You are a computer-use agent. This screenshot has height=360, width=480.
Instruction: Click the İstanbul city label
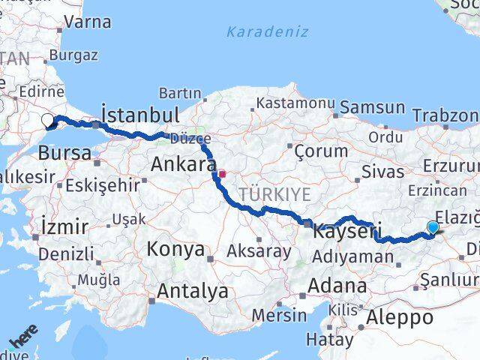click(139, 115)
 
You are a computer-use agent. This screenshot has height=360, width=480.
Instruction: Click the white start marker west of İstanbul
click(47, 120)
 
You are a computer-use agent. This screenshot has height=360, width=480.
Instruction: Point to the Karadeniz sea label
click(257, 33)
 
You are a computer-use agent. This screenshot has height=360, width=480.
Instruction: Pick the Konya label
click(175, 249)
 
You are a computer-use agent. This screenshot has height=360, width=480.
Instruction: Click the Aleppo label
click(400, 317)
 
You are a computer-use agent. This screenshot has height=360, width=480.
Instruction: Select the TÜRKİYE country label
click(274, 194)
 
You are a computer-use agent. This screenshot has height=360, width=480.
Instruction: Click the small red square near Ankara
click(221, 174)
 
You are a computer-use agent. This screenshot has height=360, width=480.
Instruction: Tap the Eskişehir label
click(103, 184)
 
